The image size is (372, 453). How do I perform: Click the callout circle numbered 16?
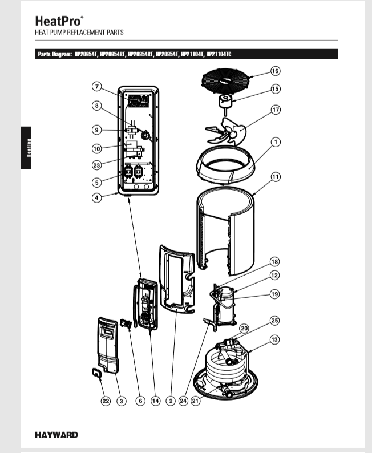click(275, 71)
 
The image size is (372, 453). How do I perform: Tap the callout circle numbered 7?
click(97, 87)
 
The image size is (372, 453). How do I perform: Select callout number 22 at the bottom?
click(106, 401)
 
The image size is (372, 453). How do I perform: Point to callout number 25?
click(275, 321)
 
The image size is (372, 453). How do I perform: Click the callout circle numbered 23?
click(97, 165)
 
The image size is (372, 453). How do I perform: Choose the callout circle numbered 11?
click(275, 177)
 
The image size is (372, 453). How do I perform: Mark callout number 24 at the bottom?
click(183, 401)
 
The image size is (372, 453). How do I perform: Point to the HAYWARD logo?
click(56, 435)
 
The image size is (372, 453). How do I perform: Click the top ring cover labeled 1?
click(225, 166)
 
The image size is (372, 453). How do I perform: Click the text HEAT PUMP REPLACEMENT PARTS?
click(79, 33)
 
